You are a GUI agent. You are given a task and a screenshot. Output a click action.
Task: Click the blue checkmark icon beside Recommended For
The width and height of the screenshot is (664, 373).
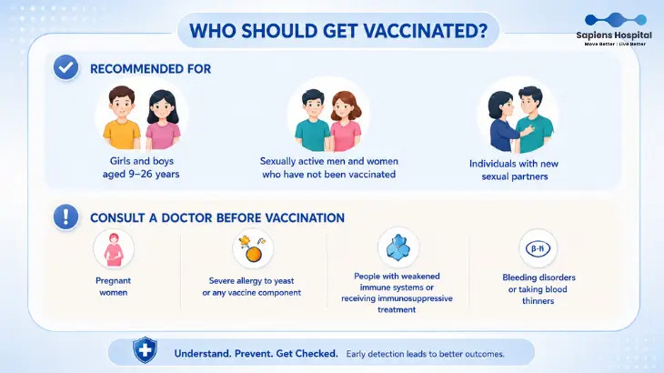coord(65,67)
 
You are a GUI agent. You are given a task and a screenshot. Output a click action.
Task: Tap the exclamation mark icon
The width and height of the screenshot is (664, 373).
coord(65,217)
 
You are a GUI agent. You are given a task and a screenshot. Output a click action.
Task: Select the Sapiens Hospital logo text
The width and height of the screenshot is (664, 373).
coord(614,35)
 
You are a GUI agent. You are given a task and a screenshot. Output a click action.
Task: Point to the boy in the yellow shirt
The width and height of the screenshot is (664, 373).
coord(122,117)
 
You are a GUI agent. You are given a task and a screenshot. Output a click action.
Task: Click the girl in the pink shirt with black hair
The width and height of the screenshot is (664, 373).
coord(163,120)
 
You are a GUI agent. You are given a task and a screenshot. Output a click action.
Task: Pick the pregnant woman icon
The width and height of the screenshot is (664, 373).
coord(114,249)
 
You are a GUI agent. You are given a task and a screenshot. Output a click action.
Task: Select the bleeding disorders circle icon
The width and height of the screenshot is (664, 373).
coord(538,248)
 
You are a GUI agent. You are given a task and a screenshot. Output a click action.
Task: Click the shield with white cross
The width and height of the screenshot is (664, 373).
coord(145,350)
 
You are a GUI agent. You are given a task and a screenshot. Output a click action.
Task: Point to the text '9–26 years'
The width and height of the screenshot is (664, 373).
coord(154,174)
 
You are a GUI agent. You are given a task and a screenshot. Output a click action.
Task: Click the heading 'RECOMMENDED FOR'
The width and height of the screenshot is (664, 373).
coord(150,69)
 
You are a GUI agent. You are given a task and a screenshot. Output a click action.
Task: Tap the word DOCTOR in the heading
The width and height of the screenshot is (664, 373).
coord(186,218)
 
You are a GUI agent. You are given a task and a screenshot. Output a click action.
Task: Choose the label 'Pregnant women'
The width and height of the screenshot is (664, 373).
coord(113,287)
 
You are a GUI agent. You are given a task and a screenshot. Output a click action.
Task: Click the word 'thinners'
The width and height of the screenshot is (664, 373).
coord(538,301)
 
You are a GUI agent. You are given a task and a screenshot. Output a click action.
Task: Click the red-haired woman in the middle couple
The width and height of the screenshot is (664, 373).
coord(346,122)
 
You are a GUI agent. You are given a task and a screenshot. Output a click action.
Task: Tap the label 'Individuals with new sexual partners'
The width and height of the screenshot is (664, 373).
coord(514,170)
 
